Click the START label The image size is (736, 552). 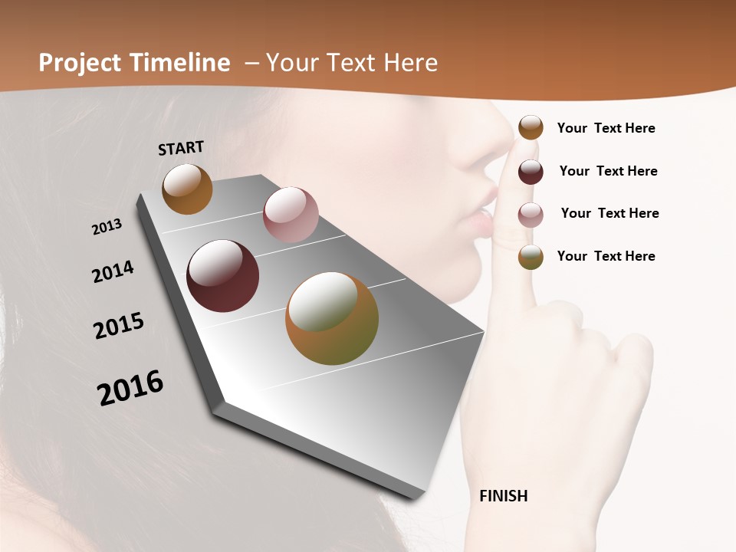(x=181, y=148)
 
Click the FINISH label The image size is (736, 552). (x=503, y=496)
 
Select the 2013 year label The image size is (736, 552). (x=107, y=227)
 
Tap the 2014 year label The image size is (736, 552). (x=113, y=271)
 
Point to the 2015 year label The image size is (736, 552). (x=119, y=326)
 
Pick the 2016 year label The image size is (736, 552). (x=130, y=387)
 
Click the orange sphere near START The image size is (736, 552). (x=187, y=189)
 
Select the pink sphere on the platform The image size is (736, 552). (x=291, y=215)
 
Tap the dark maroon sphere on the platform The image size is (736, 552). (x=222, y=276)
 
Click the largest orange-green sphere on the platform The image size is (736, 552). (x=332, y=318)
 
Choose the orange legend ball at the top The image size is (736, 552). (x=531, y=127)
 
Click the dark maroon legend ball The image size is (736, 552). (x=531, y=172)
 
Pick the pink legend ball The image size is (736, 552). (x=531, y=215)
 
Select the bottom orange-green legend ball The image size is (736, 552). (x=531, y=257)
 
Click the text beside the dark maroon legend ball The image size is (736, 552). (x=608, y=171)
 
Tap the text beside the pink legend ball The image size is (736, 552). (x=609, y=213)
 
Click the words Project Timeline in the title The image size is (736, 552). (x=134, y=63)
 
